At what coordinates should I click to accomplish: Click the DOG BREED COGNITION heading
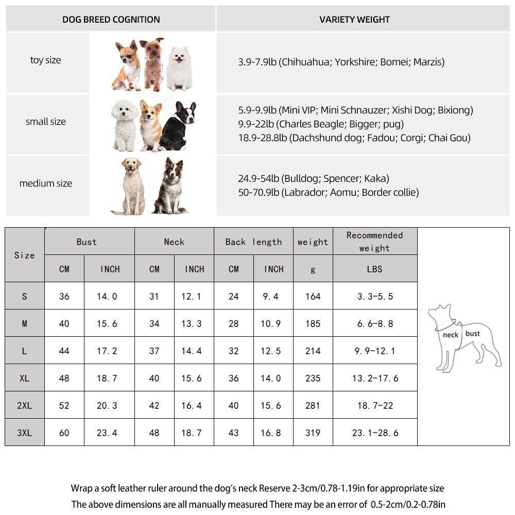point(111,20)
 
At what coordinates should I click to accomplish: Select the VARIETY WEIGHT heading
point(354,20)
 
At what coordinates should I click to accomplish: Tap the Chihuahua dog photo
point(126,64)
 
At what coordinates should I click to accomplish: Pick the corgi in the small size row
point(150,124)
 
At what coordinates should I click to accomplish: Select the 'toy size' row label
point(45,60)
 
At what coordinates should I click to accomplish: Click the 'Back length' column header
point(253,242)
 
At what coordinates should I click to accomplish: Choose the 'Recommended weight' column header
point(374,242)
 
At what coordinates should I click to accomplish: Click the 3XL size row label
point(24,433)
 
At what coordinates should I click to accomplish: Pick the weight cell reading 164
point(313,296)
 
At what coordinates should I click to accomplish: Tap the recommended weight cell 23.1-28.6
point(375,433)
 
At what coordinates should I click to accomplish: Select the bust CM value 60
point(64,433)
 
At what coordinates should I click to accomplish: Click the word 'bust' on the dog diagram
point(472,333)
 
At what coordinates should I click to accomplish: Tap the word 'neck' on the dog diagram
point(450,335)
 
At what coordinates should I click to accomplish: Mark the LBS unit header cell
point(374,269)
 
